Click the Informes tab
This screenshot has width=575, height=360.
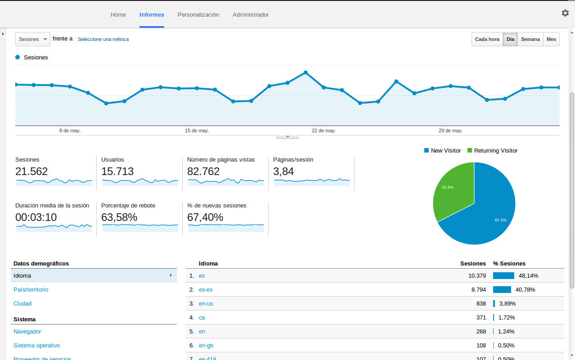tap(152, 15)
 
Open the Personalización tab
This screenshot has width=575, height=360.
tap(198, 15)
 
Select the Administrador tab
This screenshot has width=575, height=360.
tap(251, 15)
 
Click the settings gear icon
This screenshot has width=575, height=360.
tap(565, 13)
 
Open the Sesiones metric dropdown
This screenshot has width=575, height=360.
tap(32, 39)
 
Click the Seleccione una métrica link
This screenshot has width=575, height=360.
tap(103, 39)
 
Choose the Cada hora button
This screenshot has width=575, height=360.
tap(487, 39)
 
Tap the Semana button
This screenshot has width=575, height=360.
tap(530, 39)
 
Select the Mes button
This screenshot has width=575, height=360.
tap(551, 39)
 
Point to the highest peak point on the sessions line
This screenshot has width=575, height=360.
tap(305, 72)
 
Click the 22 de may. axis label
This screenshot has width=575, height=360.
tap(323, 130)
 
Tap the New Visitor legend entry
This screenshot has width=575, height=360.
tap(442, 151)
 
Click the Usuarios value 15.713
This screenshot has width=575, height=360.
tap(117, 171)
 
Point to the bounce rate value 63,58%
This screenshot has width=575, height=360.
tap(119, 217)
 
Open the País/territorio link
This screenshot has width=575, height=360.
tap(31, 290)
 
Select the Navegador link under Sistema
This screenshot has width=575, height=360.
tap(27, 332)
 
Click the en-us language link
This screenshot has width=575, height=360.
tap(206, 304)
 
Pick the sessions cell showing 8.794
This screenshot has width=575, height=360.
tap(478, 290)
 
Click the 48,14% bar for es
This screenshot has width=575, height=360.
tap(503, 276)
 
